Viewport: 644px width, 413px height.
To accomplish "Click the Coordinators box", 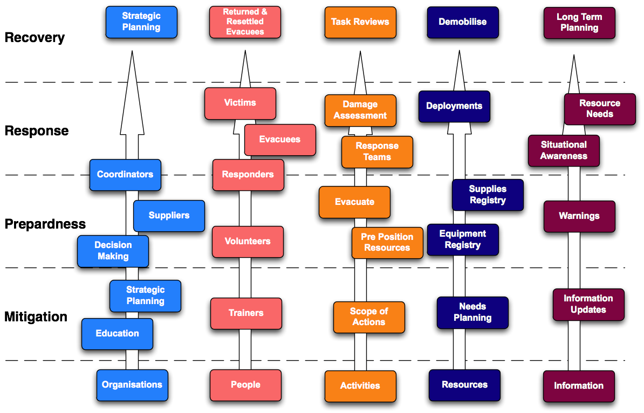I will (x=125, y=175).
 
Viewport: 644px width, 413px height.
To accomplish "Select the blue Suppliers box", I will (x=169, y=216).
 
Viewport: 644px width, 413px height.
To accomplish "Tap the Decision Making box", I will (x=113, y=251).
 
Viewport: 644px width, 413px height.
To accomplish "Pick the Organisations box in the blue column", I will (x=132, y=385).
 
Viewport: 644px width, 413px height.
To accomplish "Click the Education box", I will (x=117, y=334).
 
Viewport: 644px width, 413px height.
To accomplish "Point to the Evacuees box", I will (x=280, y=140).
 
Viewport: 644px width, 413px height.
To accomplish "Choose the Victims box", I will (x=240, y=103).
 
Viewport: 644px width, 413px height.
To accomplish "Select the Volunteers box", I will (x=248, y=242).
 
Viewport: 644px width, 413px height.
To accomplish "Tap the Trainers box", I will (x=246, y=313).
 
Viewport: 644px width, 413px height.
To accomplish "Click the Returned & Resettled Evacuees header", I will (x=245, y=22).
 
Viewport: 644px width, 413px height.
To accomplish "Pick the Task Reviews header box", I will (x=360, y=22).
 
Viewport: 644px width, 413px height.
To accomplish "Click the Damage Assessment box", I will (x=360, y=110).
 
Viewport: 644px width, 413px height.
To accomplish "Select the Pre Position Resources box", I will (x=387, y=243).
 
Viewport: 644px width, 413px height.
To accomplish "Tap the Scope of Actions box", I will (x=369, y=317).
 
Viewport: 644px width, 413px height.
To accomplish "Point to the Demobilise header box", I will (x=463, y=22).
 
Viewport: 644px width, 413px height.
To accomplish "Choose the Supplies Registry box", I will (x=488, y=195).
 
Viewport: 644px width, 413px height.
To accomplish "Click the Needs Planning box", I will (x=472, y=313).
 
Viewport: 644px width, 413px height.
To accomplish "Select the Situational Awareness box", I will (x=564, y=150).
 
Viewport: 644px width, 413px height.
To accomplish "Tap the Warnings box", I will (x=579, y=216).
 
